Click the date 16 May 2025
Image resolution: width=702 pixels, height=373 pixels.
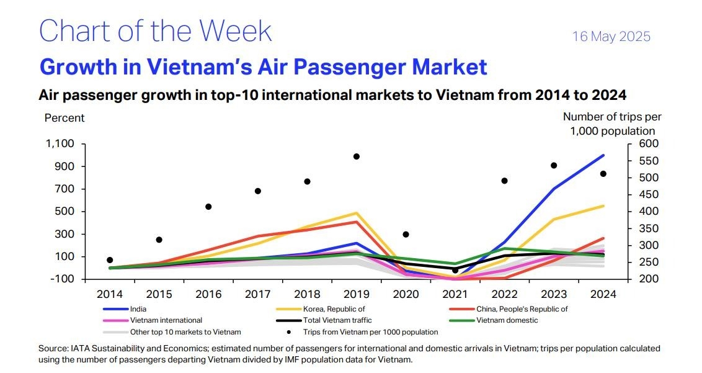pyautogui.click(x=611, y=37)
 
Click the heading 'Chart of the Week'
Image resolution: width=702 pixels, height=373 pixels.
pyautogui.click(x=156, y=30)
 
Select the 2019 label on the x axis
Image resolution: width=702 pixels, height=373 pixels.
pyautogui.click(x=356, y=294)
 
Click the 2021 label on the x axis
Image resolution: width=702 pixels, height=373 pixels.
pyautogui.click(x=455, y=294)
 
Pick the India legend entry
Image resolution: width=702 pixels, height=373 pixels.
pyautogui.click(x=140, y=308)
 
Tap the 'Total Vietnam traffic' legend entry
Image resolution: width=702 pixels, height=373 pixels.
pyautogui.click(x=337, y=320)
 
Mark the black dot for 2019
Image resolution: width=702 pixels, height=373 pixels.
pyautogui.click(x=357, y=156)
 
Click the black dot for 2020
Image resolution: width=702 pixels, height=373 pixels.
pyautogui.click(x=406, y=235)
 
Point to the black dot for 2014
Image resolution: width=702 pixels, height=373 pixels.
pyautogui.click(x=110, y=260)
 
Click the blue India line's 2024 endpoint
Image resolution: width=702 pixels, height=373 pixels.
pyautogui.click(x=603, y=155)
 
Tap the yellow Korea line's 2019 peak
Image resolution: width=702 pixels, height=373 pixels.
pyautogui.click(x=357, y=213)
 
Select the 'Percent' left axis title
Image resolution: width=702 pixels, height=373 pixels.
pyautogui.click(x=64, y=118)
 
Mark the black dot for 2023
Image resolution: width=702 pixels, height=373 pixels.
pyautogui.click(x=554, y=165)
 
